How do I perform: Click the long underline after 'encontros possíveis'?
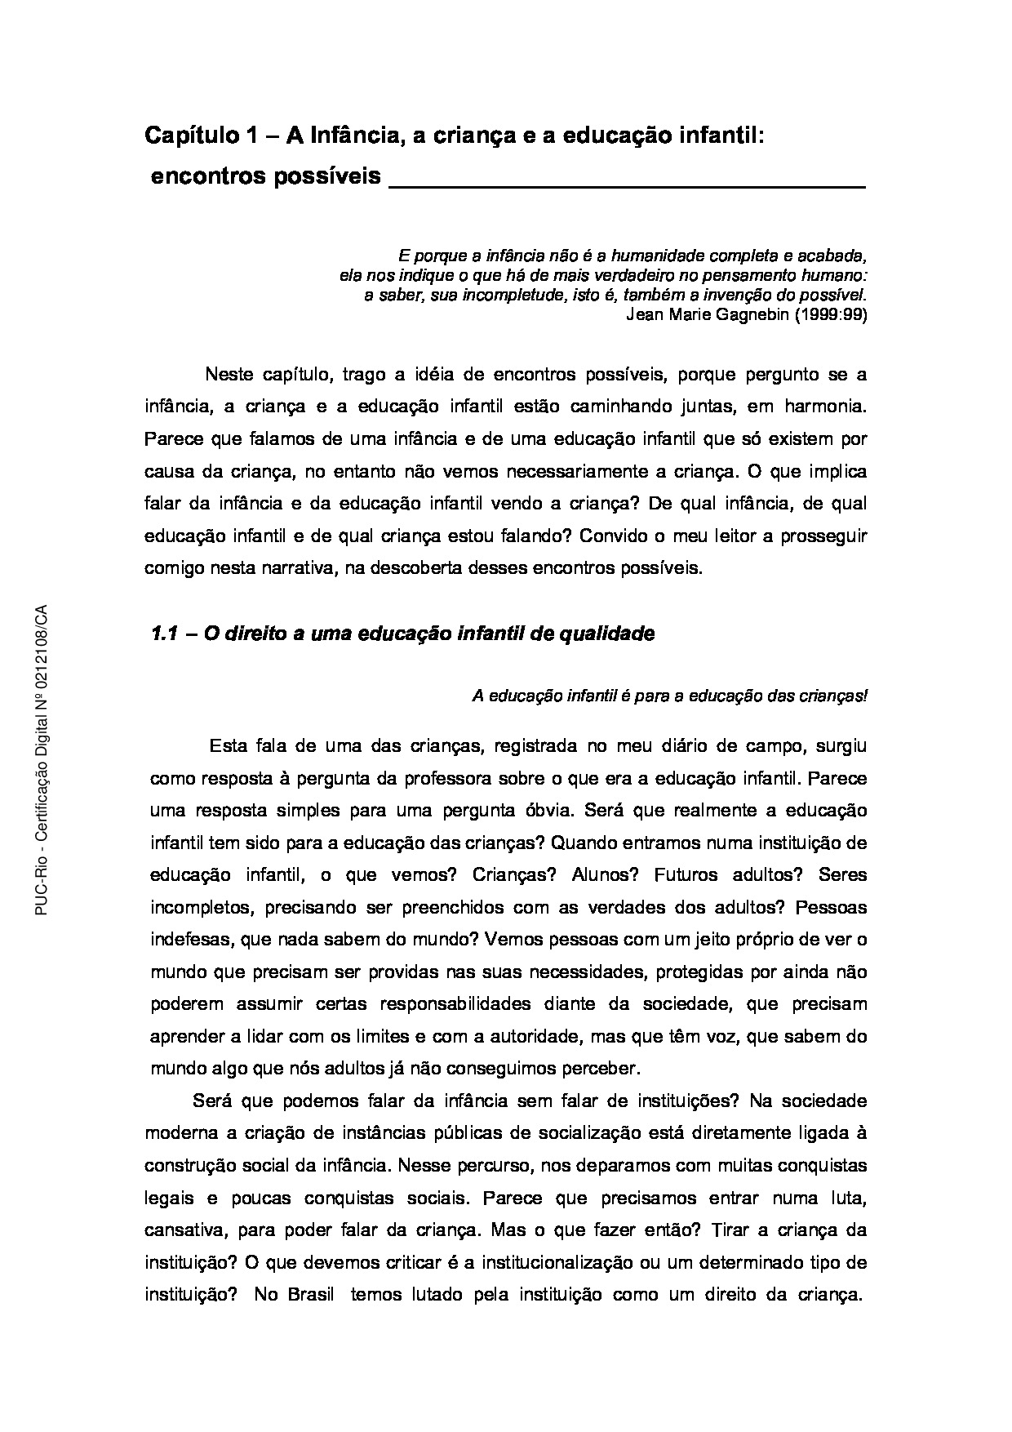626,186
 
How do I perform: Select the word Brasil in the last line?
311,1295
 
